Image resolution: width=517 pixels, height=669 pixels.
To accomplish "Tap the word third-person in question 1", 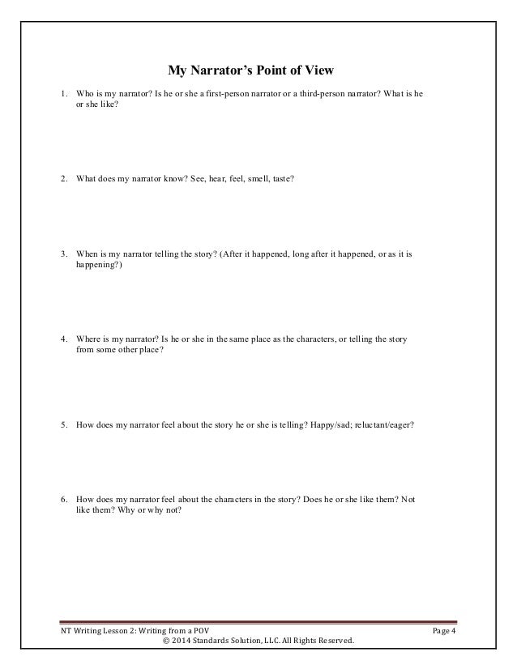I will point(326,95).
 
